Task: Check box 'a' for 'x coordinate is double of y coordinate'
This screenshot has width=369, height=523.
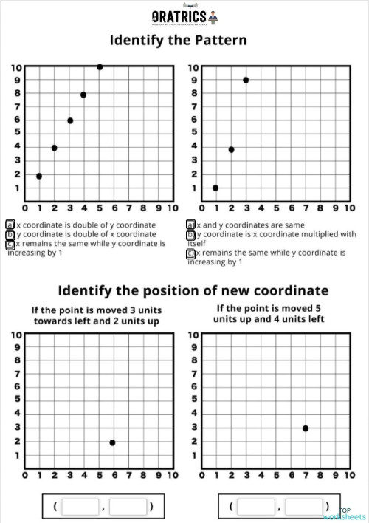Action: (10, 224)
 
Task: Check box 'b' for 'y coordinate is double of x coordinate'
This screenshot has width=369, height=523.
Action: (10, 233)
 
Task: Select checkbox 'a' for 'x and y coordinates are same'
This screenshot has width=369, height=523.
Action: (190, 224)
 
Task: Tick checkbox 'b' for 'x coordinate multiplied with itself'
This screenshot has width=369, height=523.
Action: (190, 233)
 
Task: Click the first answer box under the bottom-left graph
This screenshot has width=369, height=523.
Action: (81, 506)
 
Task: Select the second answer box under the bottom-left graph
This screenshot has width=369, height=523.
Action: (128, 506)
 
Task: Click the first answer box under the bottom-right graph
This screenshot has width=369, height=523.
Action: (256, 506)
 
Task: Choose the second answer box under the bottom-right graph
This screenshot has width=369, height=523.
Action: (304, 506)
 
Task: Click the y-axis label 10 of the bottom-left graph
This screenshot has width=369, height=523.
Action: (15, 335)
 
